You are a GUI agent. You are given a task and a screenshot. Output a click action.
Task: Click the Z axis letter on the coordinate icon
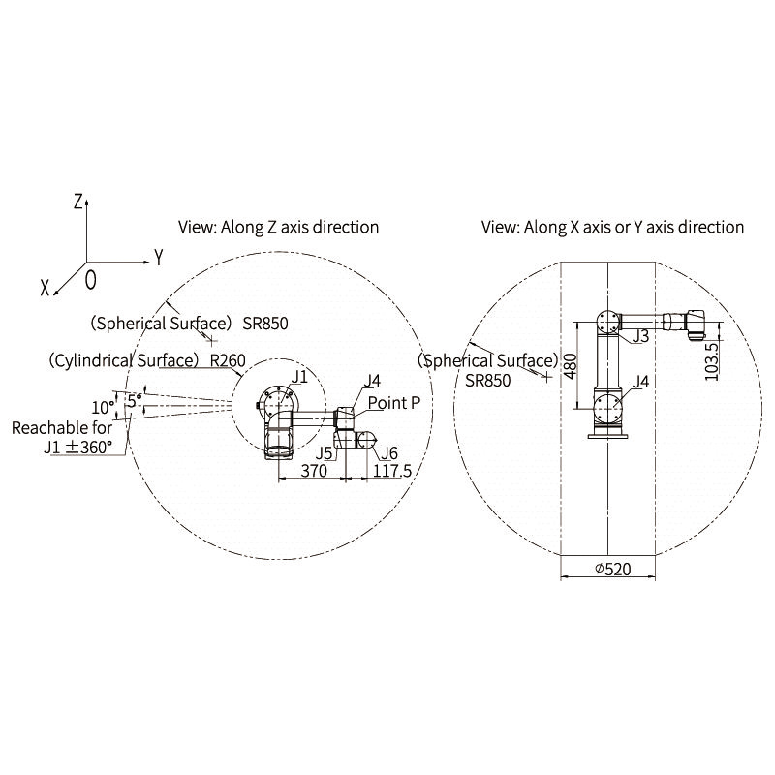77,201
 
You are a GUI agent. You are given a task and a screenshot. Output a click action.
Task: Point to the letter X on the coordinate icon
45,287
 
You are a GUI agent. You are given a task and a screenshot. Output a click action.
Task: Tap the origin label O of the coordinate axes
90,280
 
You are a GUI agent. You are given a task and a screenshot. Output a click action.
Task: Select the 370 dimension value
314,471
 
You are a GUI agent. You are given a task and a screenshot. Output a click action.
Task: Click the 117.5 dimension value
392,471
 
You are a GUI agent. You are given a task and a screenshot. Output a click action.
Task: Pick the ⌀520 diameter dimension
613,570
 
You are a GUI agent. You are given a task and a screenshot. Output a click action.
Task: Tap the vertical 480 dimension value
571,366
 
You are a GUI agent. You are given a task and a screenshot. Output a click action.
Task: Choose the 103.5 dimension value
711,361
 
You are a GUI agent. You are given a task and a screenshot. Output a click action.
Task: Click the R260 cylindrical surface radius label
228,360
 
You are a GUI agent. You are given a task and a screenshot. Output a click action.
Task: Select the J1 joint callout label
299,377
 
